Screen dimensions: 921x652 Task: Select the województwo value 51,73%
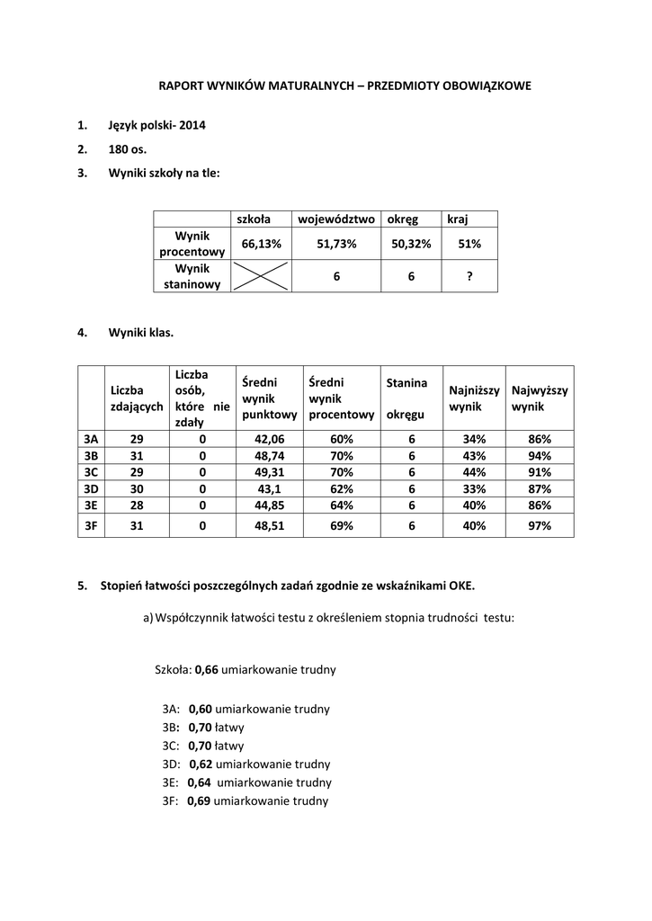pyautogui.click(x=337, y=244)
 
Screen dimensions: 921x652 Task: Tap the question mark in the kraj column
pyautogui.click(x=469, y=276)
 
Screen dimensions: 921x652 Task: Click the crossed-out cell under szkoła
pyautogui.click(x=262, y=276)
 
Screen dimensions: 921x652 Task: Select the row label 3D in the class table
pyautogui.click(x=91, y=488)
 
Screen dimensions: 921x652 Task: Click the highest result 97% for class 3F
pyautogui.click(x=540, y=527)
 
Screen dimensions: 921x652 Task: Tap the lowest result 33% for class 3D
pyautogui.click(x=474, y=488)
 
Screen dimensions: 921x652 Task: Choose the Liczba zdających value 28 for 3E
pyautogui.click(x=137, y=505)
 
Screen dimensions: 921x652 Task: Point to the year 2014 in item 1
pyautogui.click(x=192, y=125)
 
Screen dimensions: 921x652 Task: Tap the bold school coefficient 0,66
pyautogui.click(x=207, y=670)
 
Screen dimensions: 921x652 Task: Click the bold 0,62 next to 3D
pyautogui.click(x=201, y=765)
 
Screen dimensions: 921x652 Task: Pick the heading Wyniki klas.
pyautogui.click(x=141, y=332)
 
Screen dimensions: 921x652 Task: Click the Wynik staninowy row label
pyautogui.click(x=192, y=276)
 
